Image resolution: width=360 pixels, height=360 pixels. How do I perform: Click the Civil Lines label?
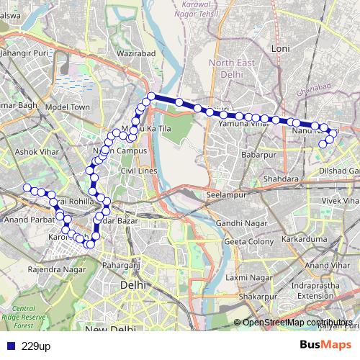pyautogui.click(x=139, y=171)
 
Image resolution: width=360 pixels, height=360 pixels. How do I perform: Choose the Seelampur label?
pyautogui.click(x=226, y=195)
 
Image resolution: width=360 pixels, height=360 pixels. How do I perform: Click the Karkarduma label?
pyautogui.click(x=303, y=238)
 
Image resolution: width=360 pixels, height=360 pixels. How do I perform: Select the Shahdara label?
pyautogui.click(x=281, y=178)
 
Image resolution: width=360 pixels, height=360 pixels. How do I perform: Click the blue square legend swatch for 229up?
pyautogui.click(x=10, y=346)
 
